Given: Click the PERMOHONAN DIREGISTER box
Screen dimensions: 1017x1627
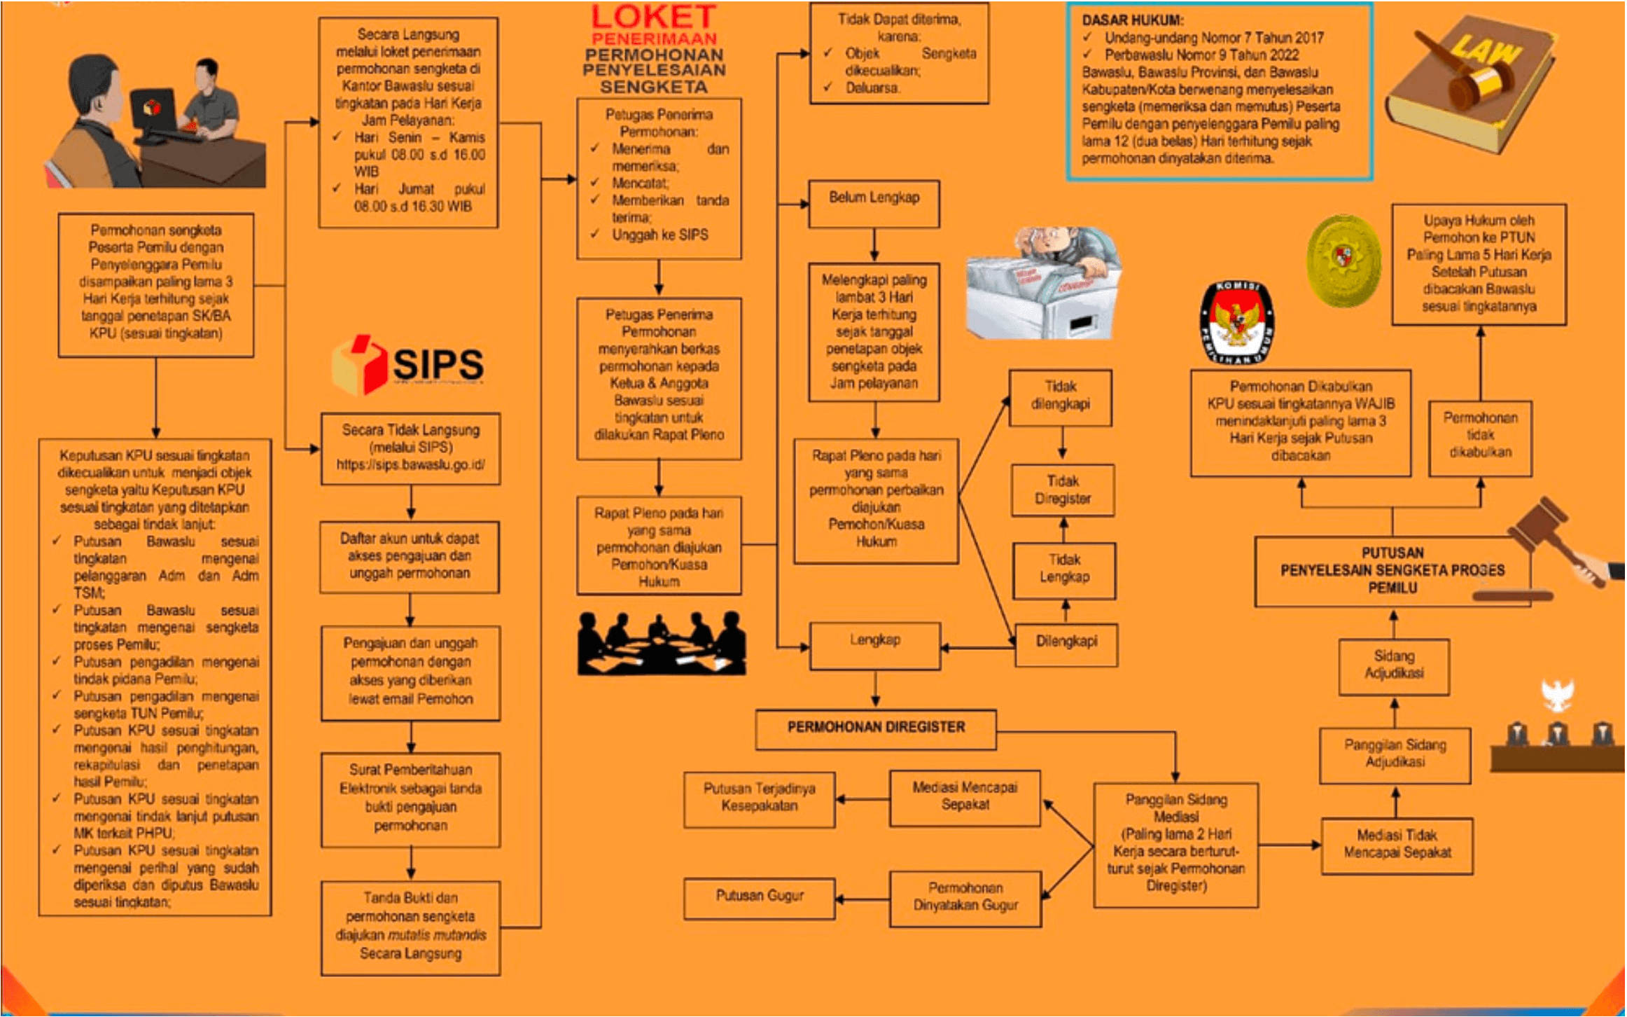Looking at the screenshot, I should click(875, 728).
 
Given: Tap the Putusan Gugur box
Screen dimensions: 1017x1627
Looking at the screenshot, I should click(759, 897).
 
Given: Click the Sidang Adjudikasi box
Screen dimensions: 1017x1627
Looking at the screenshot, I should click(1393, 665).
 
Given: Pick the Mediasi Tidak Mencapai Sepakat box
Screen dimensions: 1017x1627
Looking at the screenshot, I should click(1397, 845).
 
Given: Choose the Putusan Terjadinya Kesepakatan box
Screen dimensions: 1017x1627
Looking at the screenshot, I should click(759, 798).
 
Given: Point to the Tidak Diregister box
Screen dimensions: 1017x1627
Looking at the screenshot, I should click(1062, 490).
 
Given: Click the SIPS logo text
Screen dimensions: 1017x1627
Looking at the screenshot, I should click(438, 364).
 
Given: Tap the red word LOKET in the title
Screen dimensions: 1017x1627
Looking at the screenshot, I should click(653, 17).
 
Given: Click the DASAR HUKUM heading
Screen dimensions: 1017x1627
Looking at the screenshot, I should click(1132, 20).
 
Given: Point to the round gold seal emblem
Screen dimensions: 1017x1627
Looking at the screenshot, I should click(1343, 261).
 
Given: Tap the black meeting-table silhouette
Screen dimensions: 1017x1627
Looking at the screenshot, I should click(661, 644).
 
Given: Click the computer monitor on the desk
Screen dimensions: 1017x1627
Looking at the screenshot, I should click(153, 110).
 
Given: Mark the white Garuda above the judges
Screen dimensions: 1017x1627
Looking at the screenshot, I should click(1558, 696).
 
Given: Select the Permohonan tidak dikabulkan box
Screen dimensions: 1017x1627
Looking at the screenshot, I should click(1479, 436).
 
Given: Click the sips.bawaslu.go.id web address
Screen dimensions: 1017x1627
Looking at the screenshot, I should click(410, 465).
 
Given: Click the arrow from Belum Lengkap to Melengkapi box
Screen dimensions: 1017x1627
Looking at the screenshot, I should click(874, 245).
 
